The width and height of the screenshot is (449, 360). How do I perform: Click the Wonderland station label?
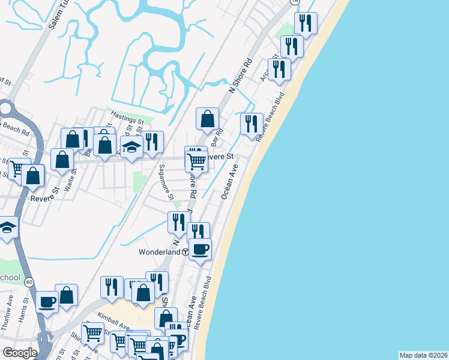tap(160, 253)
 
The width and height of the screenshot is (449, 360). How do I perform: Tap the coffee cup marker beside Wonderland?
tap(200, 248)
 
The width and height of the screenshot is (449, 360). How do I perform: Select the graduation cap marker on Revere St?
tap(131, 146)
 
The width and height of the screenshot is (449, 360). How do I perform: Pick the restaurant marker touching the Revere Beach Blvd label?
tap(252, 124)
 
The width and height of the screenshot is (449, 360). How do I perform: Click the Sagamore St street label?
tap(166, 184)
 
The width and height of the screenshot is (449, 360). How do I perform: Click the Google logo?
tap(20, 353)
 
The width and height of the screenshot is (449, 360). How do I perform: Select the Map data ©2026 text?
tap(423, 355)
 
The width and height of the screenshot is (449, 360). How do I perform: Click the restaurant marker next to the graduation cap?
tap(152, 142)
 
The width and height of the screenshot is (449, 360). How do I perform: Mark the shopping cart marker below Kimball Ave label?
tap(92, 333)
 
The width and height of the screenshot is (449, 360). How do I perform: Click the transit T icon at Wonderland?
tap(185, 253)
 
